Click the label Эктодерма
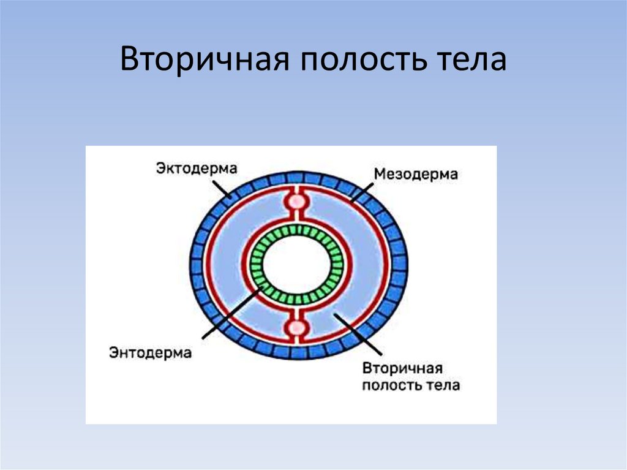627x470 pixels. tap(197, 167)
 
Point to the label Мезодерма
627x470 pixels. tap(416, 174)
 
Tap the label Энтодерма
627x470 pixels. tap(150, 352)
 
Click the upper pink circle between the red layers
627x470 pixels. tap(297, 201)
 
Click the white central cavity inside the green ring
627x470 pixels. tap(297, 265)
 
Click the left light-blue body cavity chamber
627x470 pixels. tap(227, 265)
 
